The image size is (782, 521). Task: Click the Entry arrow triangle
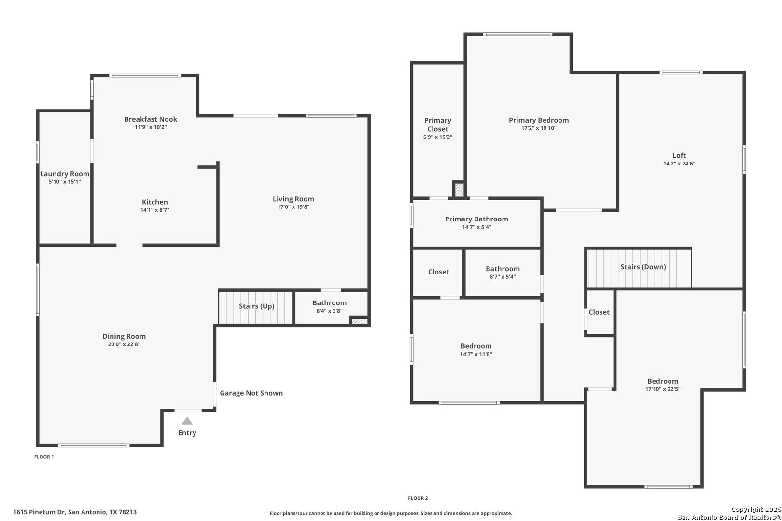(187, 421)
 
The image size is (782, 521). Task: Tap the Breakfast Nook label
(151, 119)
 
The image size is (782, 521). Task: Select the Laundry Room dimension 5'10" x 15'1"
(65, 182)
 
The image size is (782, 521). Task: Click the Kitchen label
(154, 202)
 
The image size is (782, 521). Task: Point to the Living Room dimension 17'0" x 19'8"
(293, 207)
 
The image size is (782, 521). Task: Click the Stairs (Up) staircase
(255, 308)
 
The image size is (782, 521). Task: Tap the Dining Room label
(124, 336)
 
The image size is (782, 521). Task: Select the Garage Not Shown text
(251, 393)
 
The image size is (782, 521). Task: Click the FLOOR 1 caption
(44, 457)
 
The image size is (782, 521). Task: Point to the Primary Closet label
(437, 124)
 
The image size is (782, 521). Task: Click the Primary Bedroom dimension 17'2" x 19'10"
(539, 128)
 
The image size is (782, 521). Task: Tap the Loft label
(679, 155)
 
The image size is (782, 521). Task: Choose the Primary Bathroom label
(476, 219)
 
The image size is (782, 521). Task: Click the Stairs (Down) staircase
(639, 268)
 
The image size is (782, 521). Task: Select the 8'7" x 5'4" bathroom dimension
(503, 277)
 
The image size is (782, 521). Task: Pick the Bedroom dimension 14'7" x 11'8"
(476, 354)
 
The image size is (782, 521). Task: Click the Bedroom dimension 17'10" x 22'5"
(663, 389)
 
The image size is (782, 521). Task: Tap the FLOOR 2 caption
(418, 498)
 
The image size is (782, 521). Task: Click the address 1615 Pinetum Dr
(39, 512)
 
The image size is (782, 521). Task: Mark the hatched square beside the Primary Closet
(460, 190)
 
